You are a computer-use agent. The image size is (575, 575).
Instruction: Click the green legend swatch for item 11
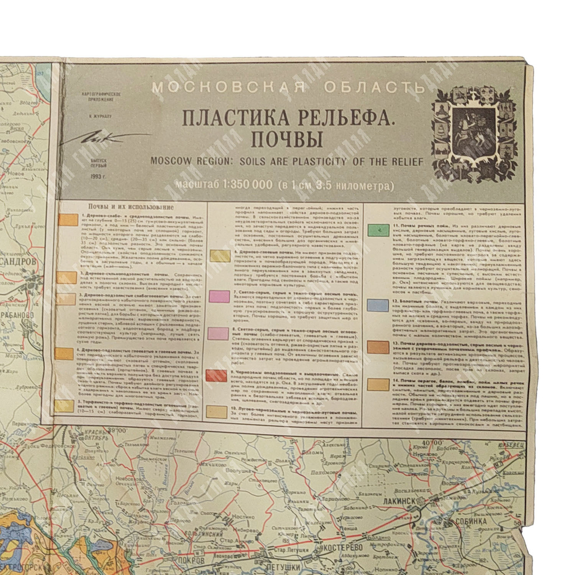[x=378, y=231]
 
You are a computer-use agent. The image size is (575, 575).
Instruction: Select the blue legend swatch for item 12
[x=378, y=305]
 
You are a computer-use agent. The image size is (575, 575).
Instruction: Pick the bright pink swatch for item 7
[x=220, y=296]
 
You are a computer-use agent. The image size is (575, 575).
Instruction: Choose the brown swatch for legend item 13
[x=378, y=347]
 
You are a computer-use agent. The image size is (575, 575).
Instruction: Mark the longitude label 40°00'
[x=425, y=442]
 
